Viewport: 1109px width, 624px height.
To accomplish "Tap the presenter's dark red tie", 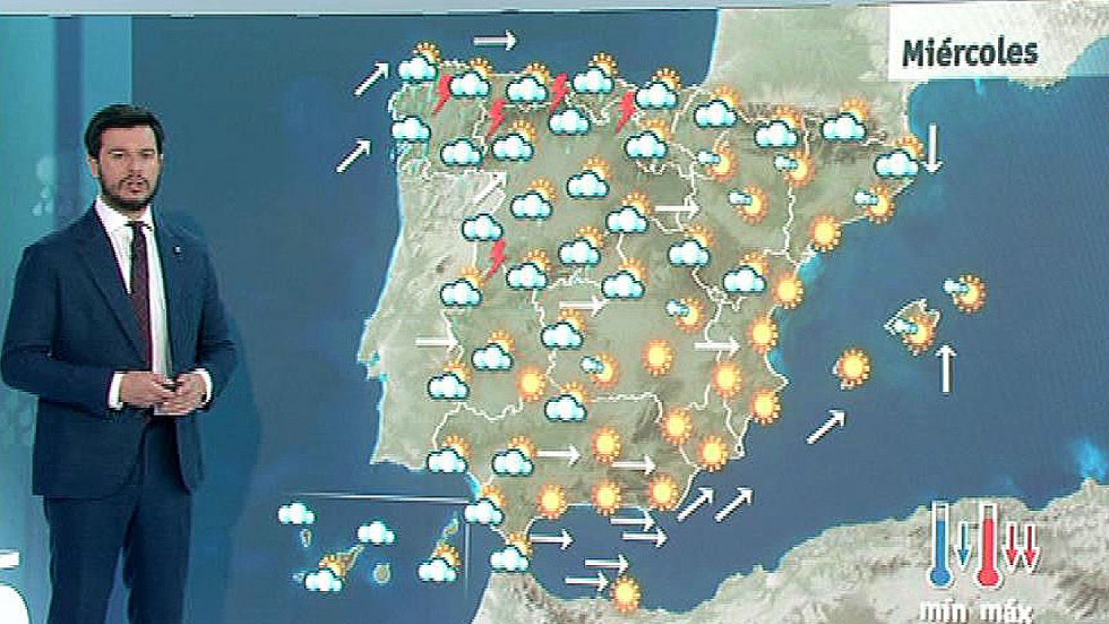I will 140,277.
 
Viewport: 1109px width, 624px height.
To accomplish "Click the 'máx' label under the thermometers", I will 1005,612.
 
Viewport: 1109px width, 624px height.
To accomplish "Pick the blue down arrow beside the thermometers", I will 962,544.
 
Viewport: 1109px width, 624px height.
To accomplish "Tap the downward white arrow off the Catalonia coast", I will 932,148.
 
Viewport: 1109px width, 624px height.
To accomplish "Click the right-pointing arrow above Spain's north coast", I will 495,40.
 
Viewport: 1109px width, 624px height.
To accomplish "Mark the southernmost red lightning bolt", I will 496,259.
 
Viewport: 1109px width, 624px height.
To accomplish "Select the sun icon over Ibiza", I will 854,367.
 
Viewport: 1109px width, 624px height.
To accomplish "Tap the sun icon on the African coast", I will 626,593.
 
